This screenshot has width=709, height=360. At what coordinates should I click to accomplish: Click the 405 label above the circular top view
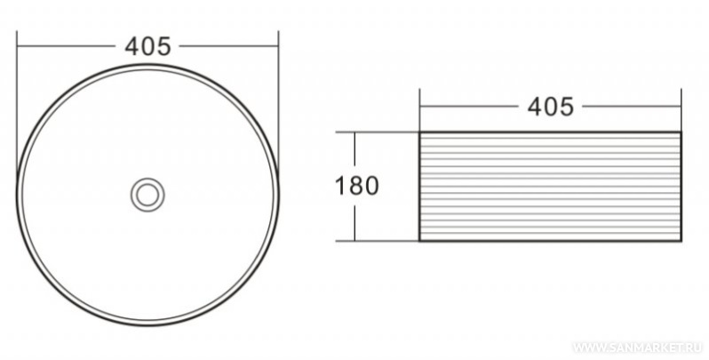point(147,46)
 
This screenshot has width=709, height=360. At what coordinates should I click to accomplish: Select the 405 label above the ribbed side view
point(551,108)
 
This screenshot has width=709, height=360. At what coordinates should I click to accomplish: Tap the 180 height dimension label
point(357,186)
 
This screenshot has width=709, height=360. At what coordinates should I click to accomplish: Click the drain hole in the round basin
point(147,195)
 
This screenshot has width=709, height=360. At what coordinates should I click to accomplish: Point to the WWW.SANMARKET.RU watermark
point(638,348)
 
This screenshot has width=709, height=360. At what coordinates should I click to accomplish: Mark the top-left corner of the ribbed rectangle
point(419,132)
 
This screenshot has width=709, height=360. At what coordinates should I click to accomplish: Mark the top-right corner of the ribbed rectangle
point(681,132)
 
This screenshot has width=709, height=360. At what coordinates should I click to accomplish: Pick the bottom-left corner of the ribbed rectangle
point(419,241)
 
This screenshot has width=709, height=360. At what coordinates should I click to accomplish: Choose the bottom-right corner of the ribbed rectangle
point(681,241)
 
